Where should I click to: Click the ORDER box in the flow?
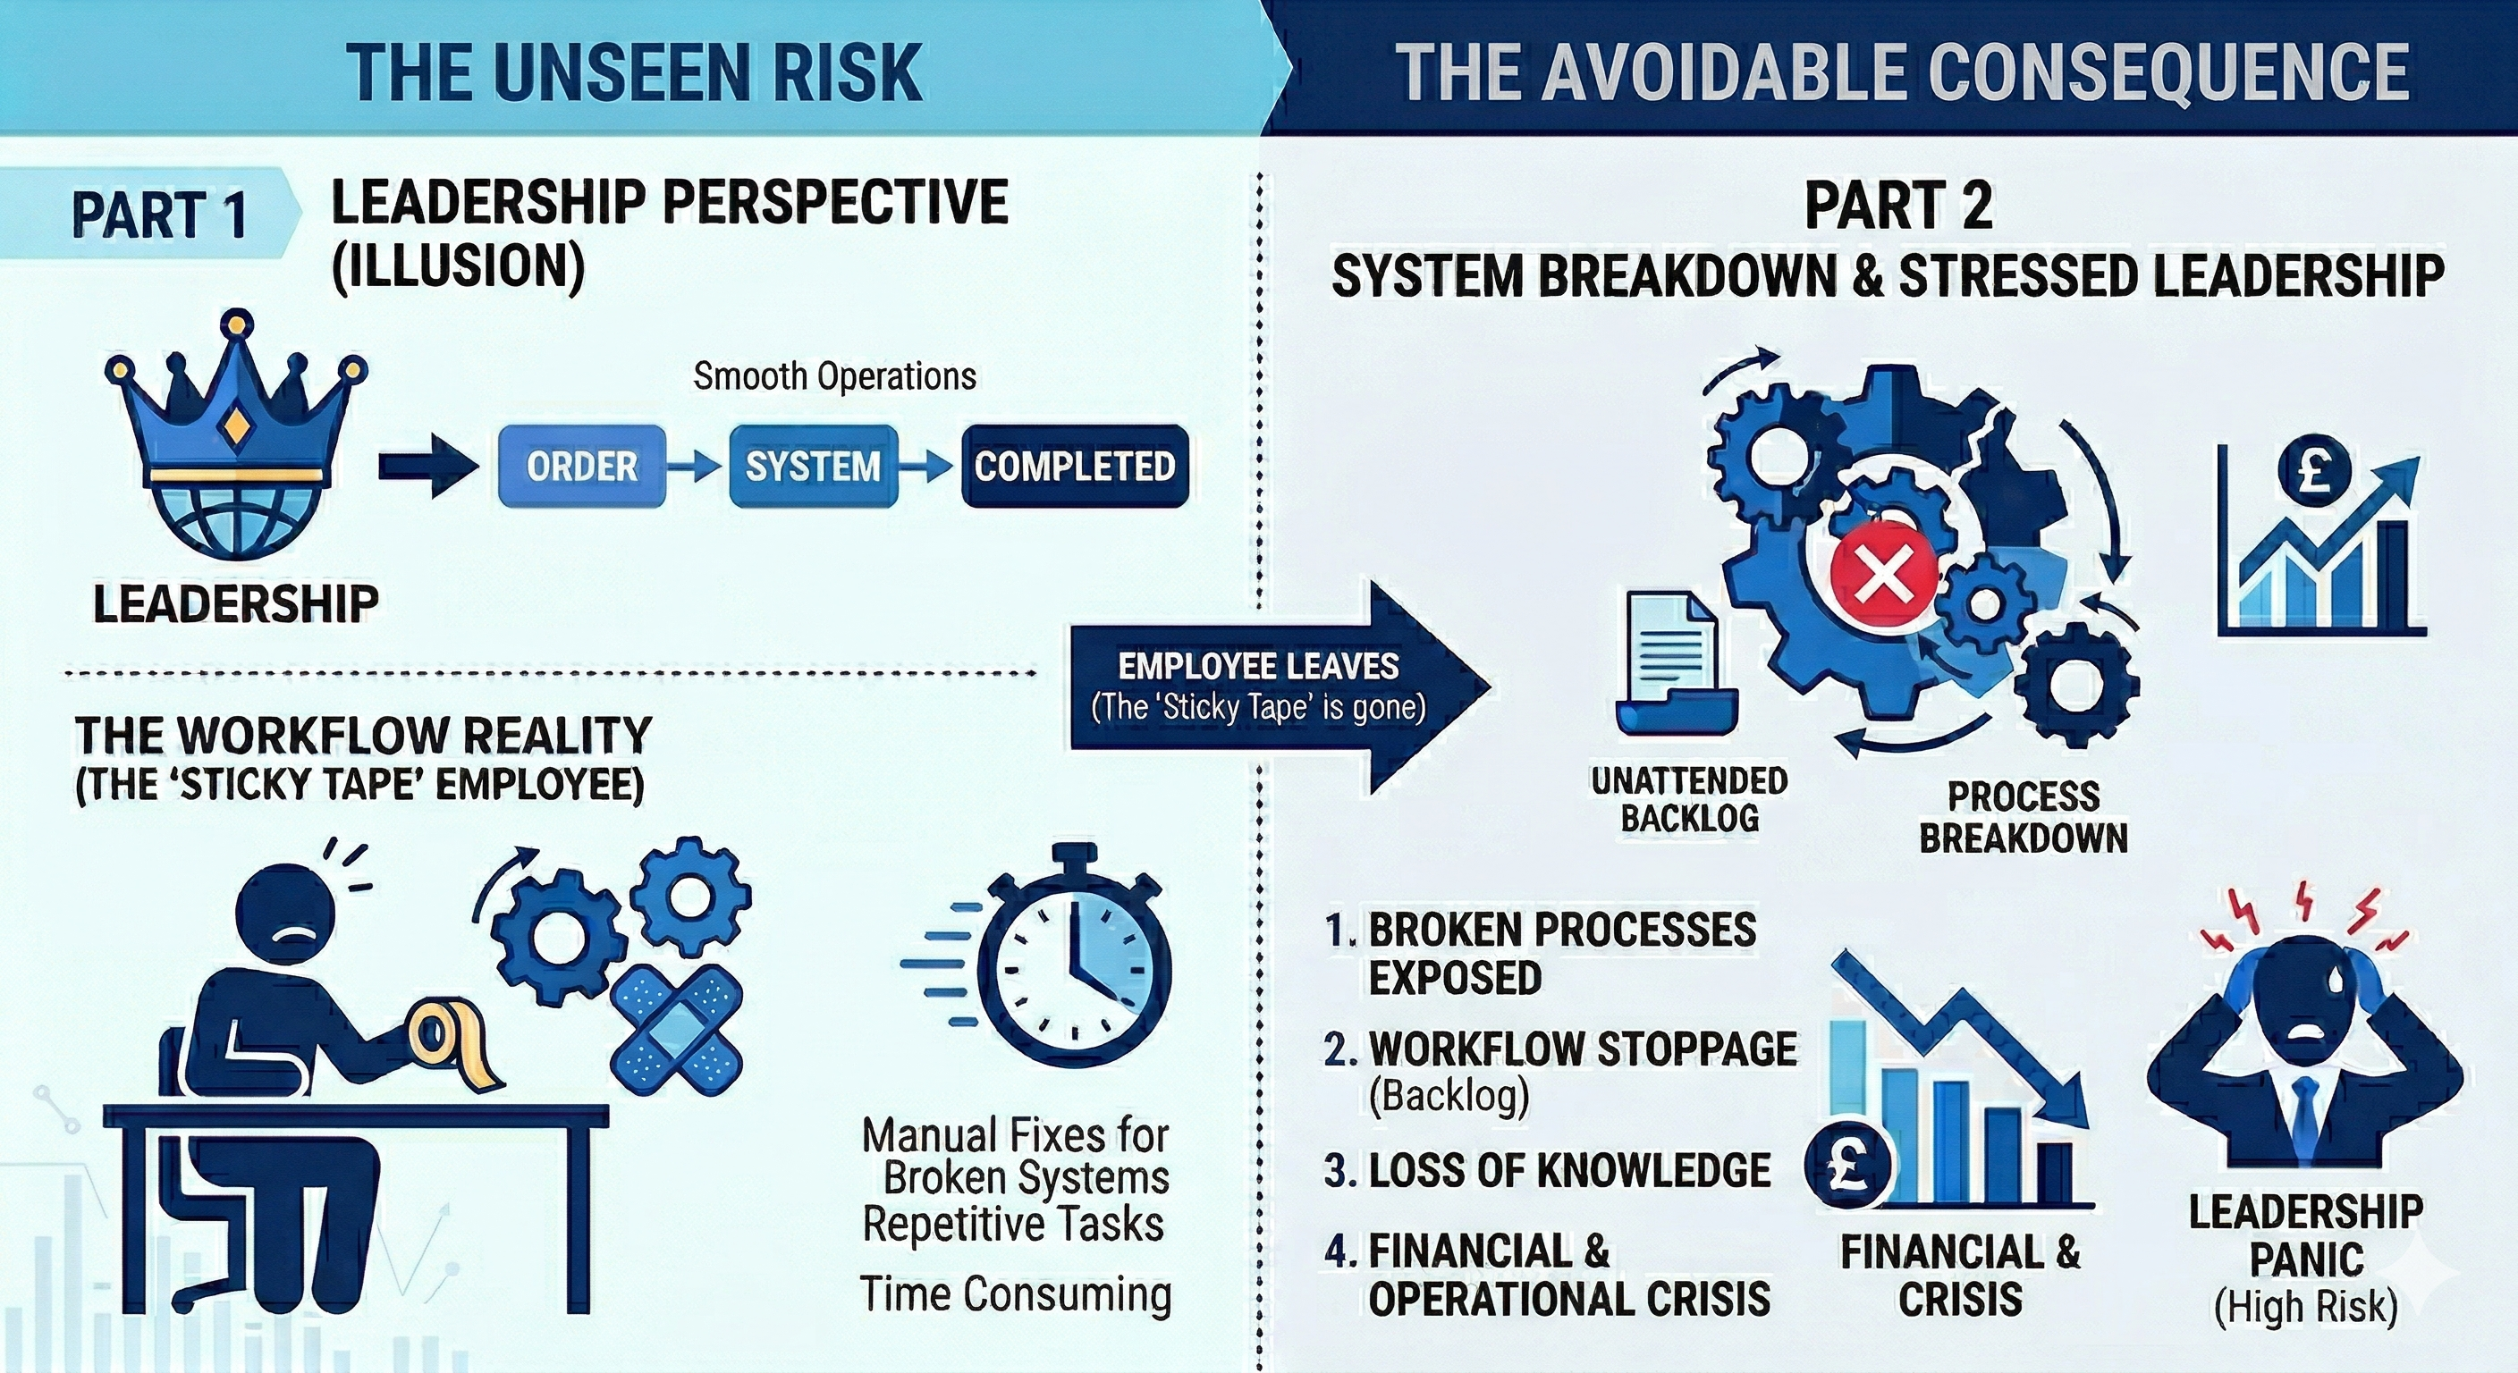click(581, 466)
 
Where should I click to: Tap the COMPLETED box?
click(1074, 466)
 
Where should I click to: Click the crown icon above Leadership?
click(235, 410)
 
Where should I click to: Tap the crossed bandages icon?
click(675, 1032)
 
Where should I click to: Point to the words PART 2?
click(1897, 207)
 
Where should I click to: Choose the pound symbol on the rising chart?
click(2314, 474)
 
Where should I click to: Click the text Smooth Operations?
click(833, 376)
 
